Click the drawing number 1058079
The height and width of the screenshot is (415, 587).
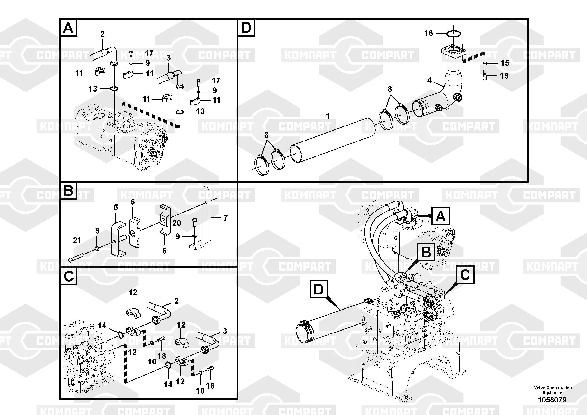pyautogui.click(x=552, y=400)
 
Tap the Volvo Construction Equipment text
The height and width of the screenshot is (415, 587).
pyautogui.click(x=553, y=390)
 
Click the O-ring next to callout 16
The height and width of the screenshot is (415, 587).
pyautogui.click(x=454, y=34)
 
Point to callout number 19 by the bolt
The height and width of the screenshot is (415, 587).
pyautogui.click(x=504, y=76)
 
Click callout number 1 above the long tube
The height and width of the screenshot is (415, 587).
pyautogui.click(x=328, y=116)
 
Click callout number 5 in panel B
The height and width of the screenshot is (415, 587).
pyautogui.click(x=116, y=208)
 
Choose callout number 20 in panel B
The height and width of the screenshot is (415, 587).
pyautogui.click(x=177, y=223)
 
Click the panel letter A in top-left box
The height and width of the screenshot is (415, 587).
pyautogui.click(x=68, y=27)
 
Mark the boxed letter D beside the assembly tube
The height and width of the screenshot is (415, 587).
pyautogui.click(x=319, y=289)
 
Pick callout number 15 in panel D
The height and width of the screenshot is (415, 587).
pyautogui.click(x=505, y=63)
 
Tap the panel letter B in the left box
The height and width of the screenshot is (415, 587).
pyautogui.click(x=68, y=191)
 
